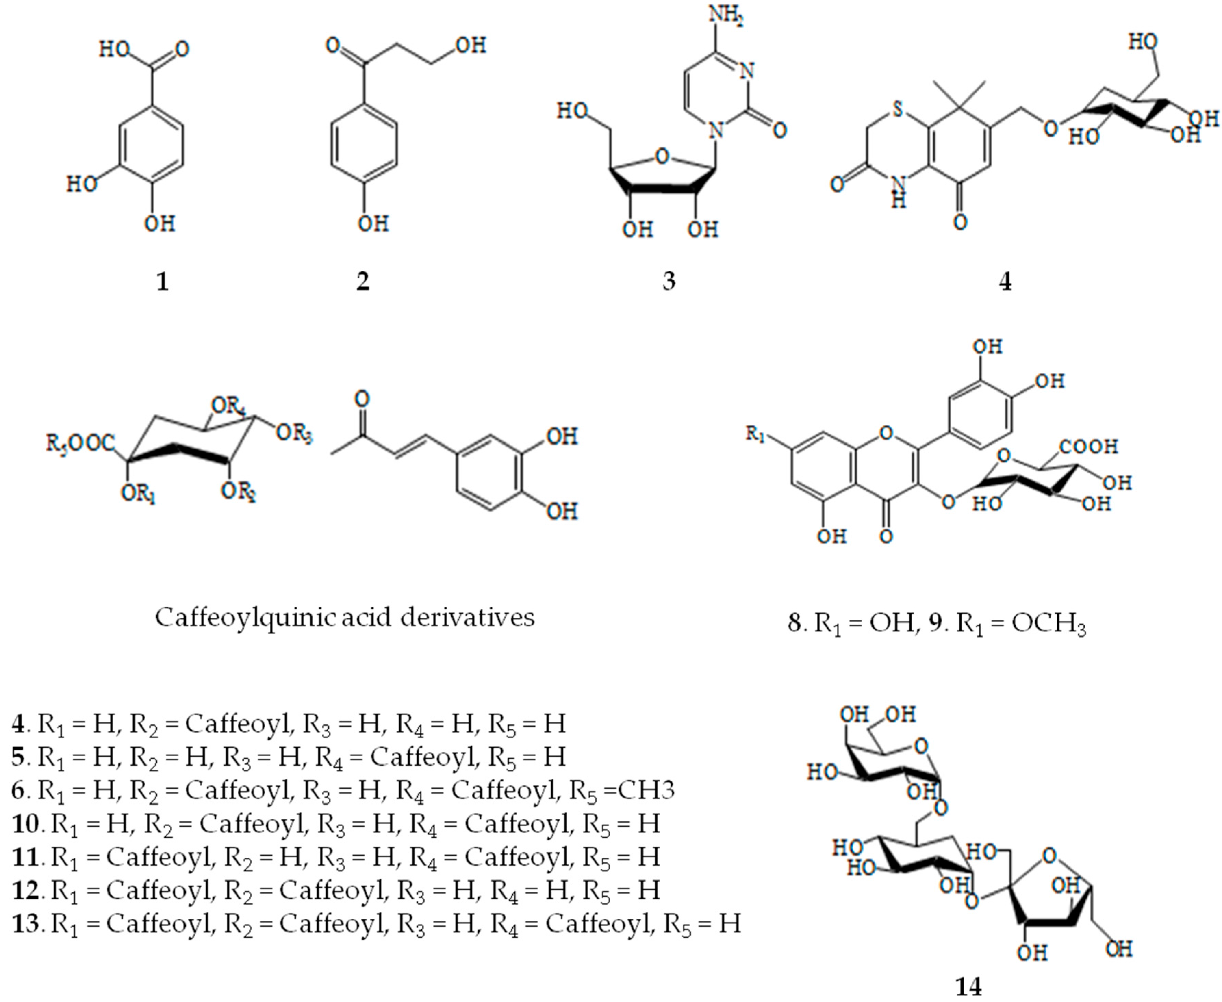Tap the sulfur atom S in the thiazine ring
pos(896,110)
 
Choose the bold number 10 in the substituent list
pos(25,823)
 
